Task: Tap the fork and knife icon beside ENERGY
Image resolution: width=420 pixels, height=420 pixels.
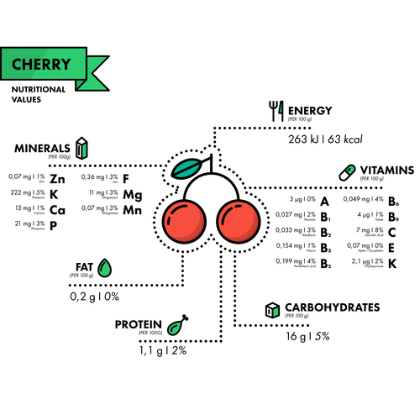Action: tap(275, 109)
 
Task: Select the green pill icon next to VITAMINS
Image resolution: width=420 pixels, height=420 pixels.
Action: tap(347, 171)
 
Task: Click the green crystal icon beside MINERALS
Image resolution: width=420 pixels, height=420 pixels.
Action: tap(81, 149)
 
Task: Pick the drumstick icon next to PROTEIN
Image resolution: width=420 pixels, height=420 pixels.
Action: tap(176, 325)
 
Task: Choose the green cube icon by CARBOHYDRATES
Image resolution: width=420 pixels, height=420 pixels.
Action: tap(272, 308)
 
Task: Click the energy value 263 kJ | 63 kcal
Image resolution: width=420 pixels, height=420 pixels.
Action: tap(324, 139)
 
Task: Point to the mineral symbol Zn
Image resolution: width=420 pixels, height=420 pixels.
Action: tap(57, 179)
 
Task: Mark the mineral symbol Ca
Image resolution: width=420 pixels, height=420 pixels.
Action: tap(57, 209)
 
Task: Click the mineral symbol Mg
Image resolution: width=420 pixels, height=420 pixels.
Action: tap(132, 195)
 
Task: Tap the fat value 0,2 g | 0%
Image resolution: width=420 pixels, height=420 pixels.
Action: tap(94, 297)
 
